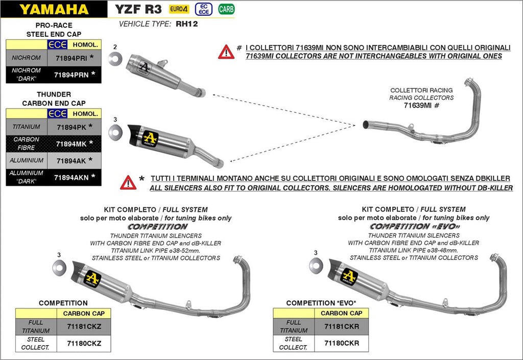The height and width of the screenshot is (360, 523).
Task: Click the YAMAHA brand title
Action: click(54, 9)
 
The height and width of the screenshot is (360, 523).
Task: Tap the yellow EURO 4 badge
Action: click(179, 9)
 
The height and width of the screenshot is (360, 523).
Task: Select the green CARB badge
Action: click(226, 9)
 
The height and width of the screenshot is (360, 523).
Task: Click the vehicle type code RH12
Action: click(186, 23)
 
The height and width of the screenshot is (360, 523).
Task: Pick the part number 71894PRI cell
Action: click(72, 58)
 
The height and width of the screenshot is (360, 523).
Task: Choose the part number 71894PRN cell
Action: click(72, 75)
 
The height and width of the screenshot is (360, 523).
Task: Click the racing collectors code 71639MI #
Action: click(421, 106)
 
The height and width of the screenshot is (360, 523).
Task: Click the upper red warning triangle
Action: click(226, 52)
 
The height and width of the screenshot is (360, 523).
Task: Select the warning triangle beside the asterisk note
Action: click(128, 182)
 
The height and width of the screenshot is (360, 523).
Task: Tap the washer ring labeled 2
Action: click(115, 59)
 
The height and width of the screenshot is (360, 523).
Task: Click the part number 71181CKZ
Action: click(84, 326)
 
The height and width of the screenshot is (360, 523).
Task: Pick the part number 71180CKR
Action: click(342, 343)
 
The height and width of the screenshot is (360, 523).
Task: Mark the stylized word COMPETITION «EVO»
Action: click(414, 226)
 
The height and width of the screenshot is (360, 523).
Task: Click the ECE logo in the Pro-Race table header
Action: click(57, 45)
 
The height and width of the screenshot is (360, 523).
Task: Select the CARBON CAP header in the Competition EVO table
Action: click(342, 313)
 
